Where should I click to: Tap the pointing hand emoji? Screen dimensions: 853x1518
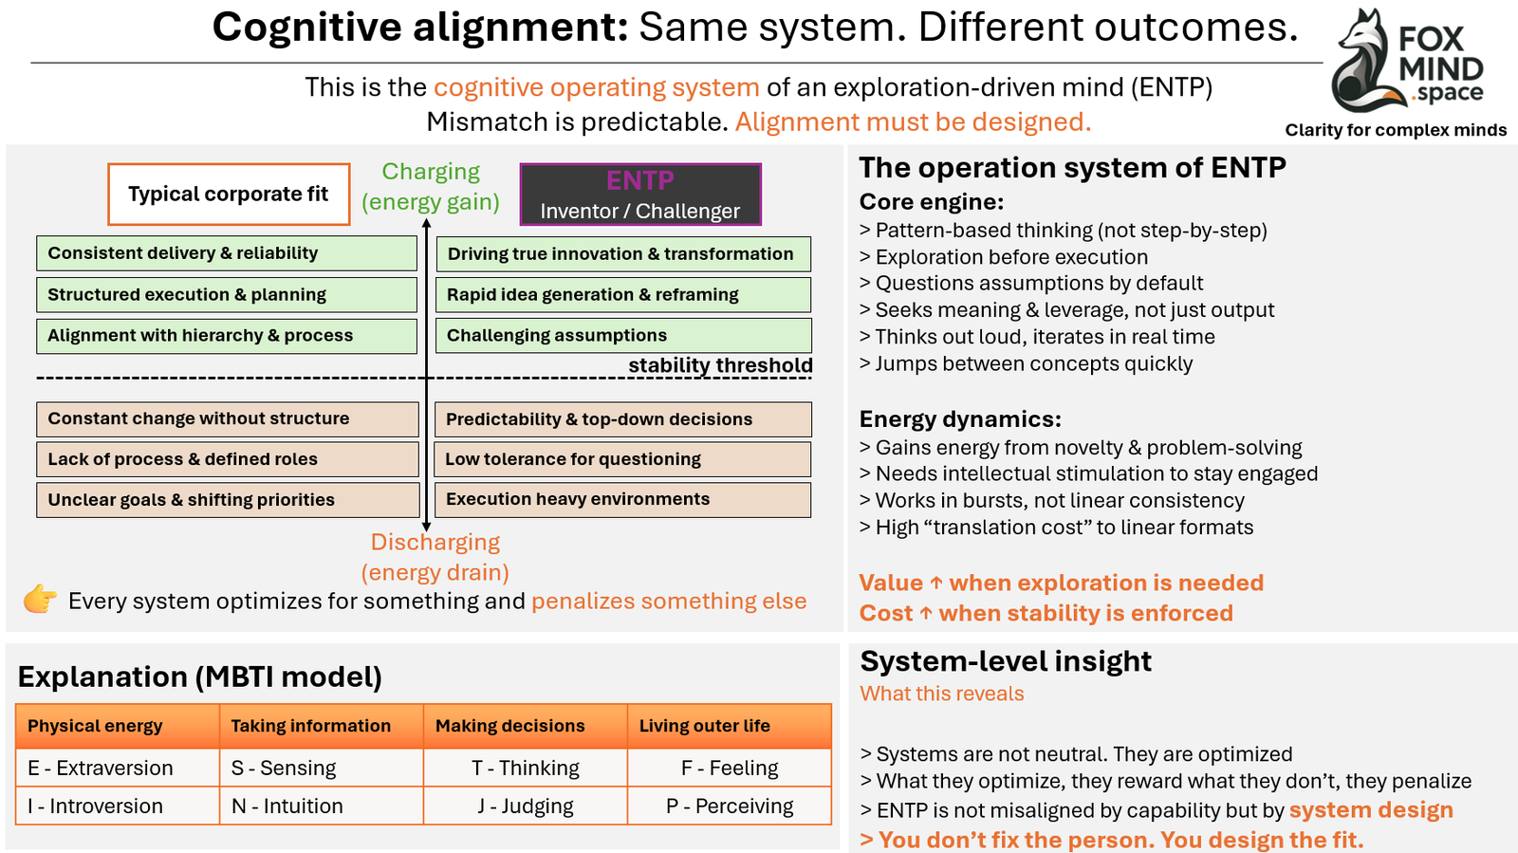[40, 600]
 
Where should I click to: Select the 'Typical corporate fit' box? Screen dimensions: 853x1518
[229, 195]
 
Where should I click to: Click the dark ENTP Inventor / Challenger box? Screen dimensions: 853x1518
[640, 195]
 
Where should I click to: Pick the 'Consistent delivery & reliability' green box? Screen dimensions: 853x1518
[227, 253]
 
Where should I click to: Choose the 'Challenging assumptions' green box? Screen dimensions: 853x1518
[623, 336]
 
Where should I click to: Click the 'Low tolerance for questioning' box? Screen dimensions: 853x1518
[622, 459]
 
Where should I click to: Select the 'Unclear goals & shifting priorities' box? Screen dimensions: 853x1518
[228, 500]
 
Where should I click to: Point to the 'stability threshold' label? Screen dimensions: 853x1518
[720, 365]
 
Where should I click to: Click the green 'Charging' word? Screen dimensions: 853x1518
[431, 172]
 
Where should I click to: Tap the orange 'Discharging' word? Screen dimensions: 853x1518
[435, 542]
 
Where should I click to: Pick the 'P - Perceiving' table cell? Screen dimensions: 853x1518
[729, 807]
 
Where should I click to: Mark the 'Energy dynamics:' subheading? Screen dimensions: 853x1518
[960, 419]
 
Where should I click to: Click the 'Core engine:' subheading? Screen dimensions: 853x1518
[931, 202]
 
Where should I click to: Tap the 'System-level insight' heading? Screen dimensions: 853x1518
[1006, 661]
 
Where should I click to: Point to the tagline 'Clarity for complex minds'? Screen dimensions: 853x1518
[1396, 130]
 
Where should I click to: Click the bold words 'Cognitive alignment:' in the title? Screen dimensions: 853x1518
[419, 28]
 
